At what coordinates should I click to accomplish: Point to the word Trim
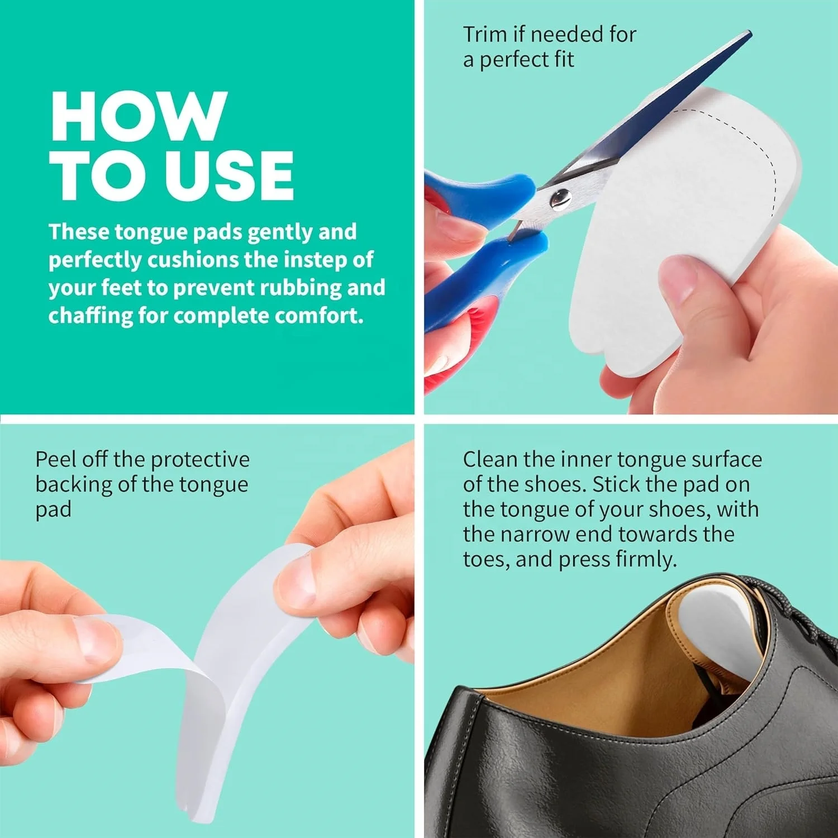pos(485,35)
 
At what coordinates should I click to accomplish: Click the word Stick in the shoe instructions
pos(616,484)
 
